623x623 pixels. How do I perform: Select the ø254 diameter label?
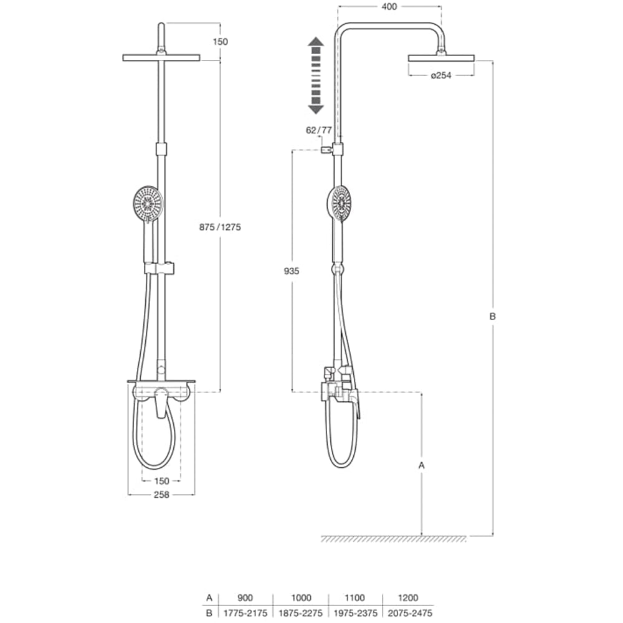click(x=440, y=75)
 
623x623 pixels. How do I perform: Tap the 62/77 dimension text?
click(x=319, y=130)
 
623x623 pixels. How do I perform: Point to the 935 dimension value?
click(x=291, y=271)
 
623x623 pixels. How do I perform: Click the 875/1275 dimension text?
click(x=221, y=227)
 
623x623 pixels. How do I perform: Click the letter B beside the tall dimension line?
click(x=492, y=316)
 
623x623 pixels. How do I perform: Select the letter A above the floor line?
click(x=422, y=465)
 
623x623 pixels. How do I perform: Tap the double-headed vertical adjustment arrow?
click(x=316, y=75)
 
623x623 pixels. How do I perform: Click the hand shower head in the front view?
click(x=148, y=203)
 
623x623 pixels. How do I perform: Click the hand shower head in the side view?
click(x=340, y=203)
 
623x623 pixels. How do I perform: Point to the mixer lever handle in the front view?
click(x=161, y=403)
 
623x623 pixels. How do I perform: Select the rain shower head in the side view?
click(x=441, y=57)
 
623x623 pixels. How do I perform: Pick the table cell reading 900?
click(x=247, y=597)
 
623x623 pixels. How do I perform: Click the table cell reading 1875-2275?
click(x=301, y=613)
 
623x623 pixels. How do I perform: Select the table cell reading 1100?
click(x=355, y=597)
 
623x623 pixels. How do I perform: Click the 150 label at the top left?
click(x=220, y=42)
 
